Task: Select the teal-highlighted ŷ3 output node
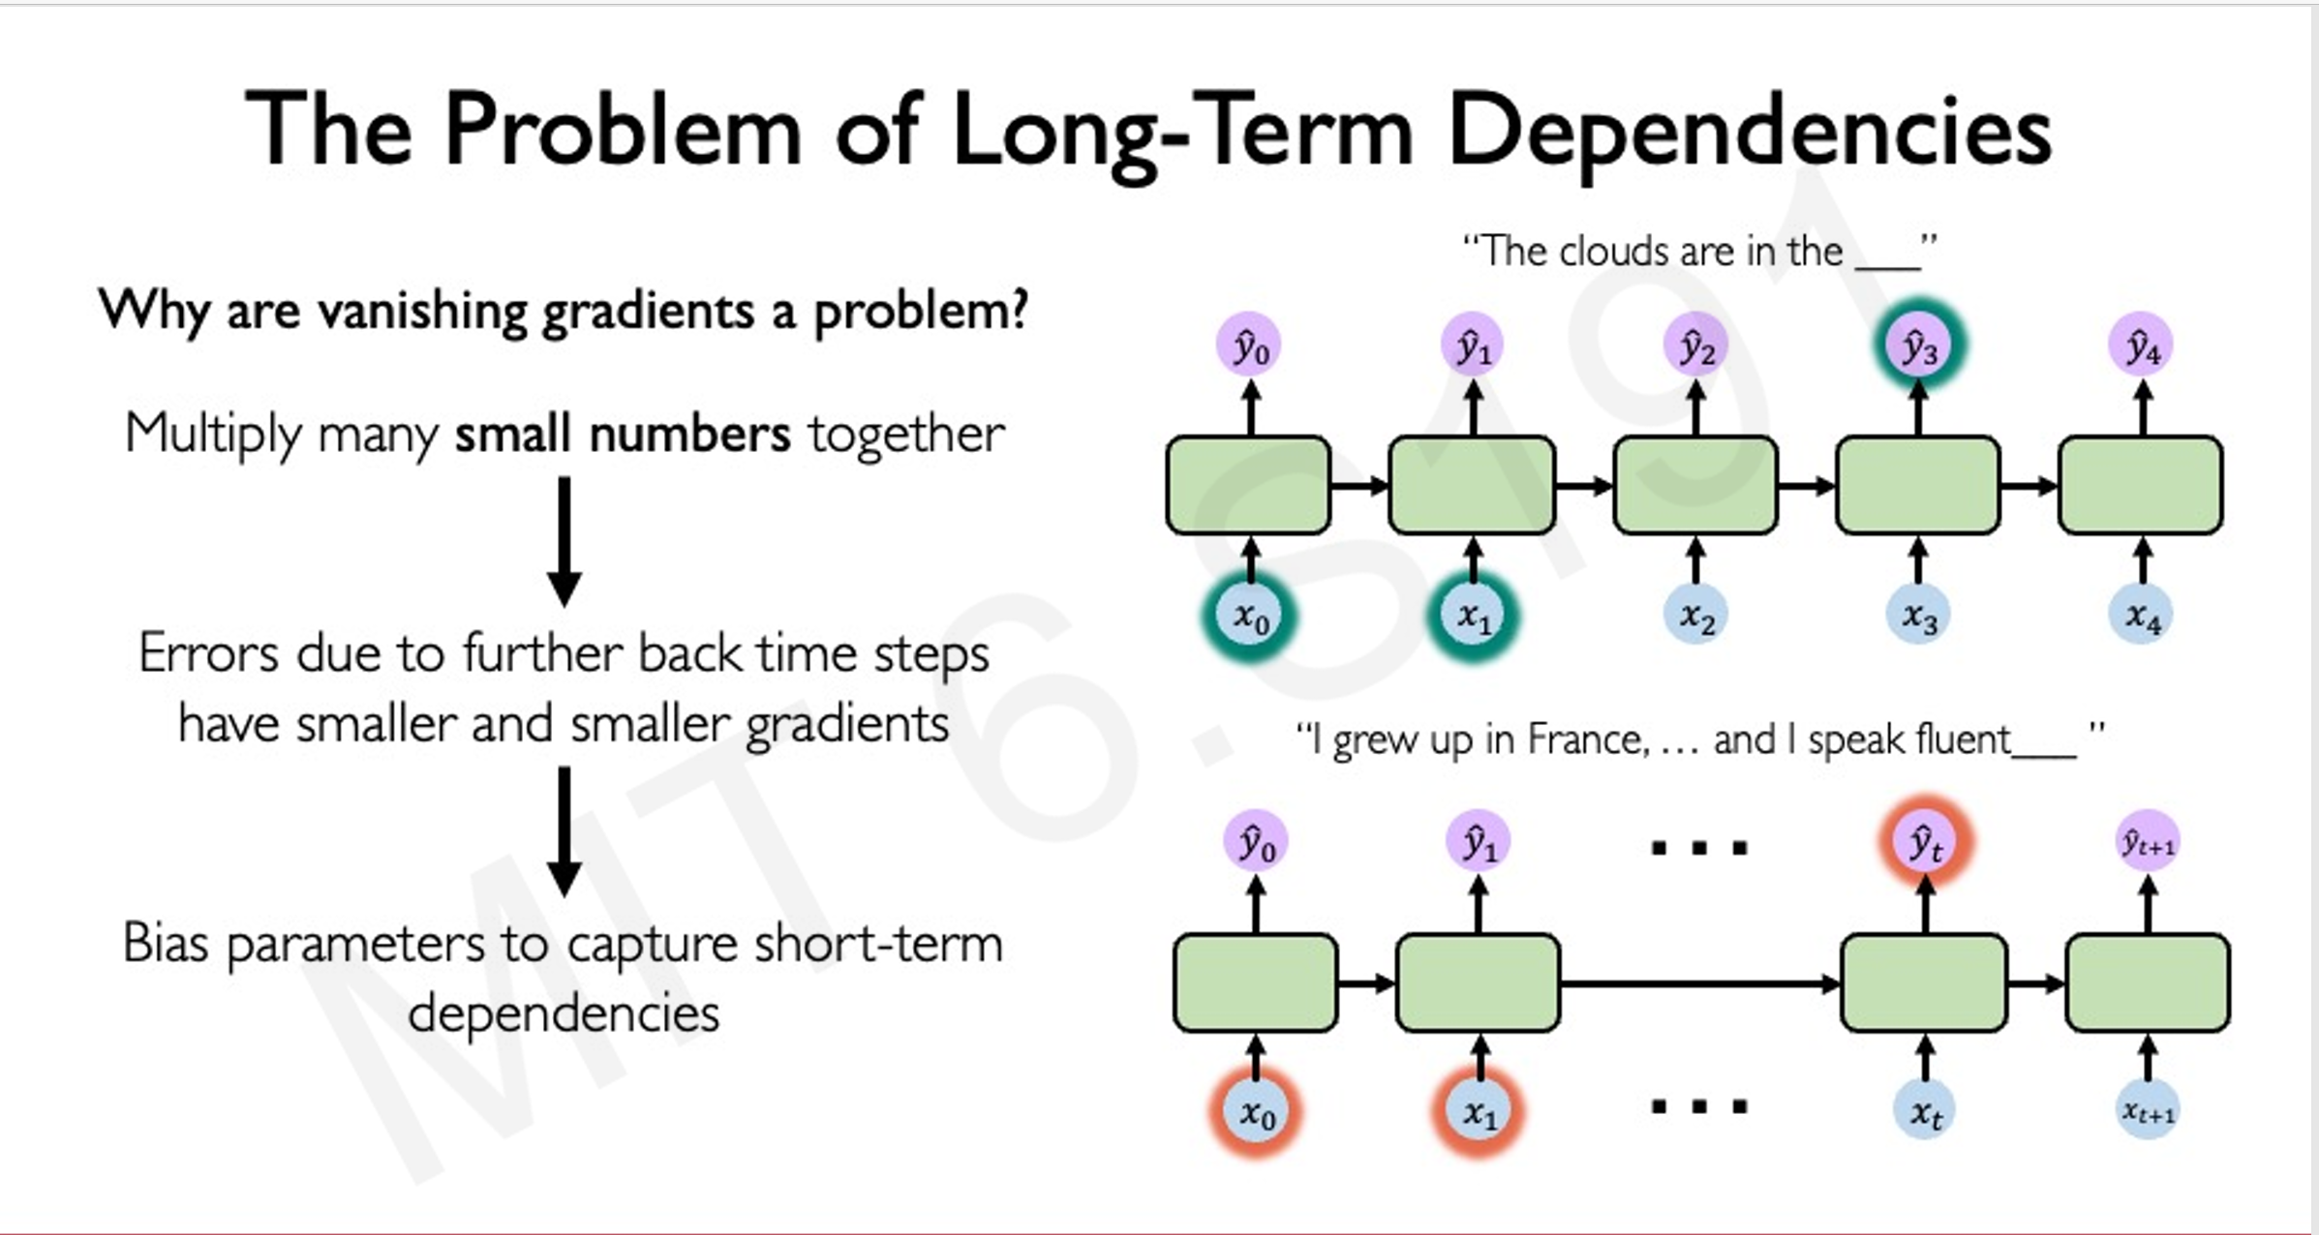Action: tap(1919, 346)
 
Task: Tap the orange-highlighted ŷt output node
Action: tap(1925, 842)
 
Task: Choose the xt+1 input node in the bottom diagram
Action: tap(2148, 1112)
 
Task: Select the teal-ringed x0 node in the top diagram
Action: tap(1250, 616)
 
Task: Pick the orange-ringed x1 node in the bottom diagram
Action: tap(1479, 1112)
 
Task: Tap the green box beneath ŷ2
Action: tap(1695, 485)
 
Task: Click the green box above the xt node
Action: tap(1924, 982)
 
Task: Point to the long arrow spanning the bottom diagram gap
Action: tap(1699, 984)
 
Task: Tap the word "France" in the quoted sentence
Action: tap(1585, 740)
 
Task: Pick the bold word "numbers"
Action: tap(689, 434)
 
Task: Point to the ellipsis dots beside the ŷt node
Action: tap(1699, 849)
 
